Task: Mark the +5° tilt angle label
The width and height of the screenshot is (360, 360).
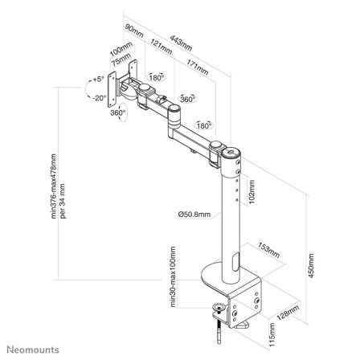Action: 98,80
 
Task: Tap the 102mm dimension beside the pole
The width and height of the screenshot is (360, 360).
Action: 251,197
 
